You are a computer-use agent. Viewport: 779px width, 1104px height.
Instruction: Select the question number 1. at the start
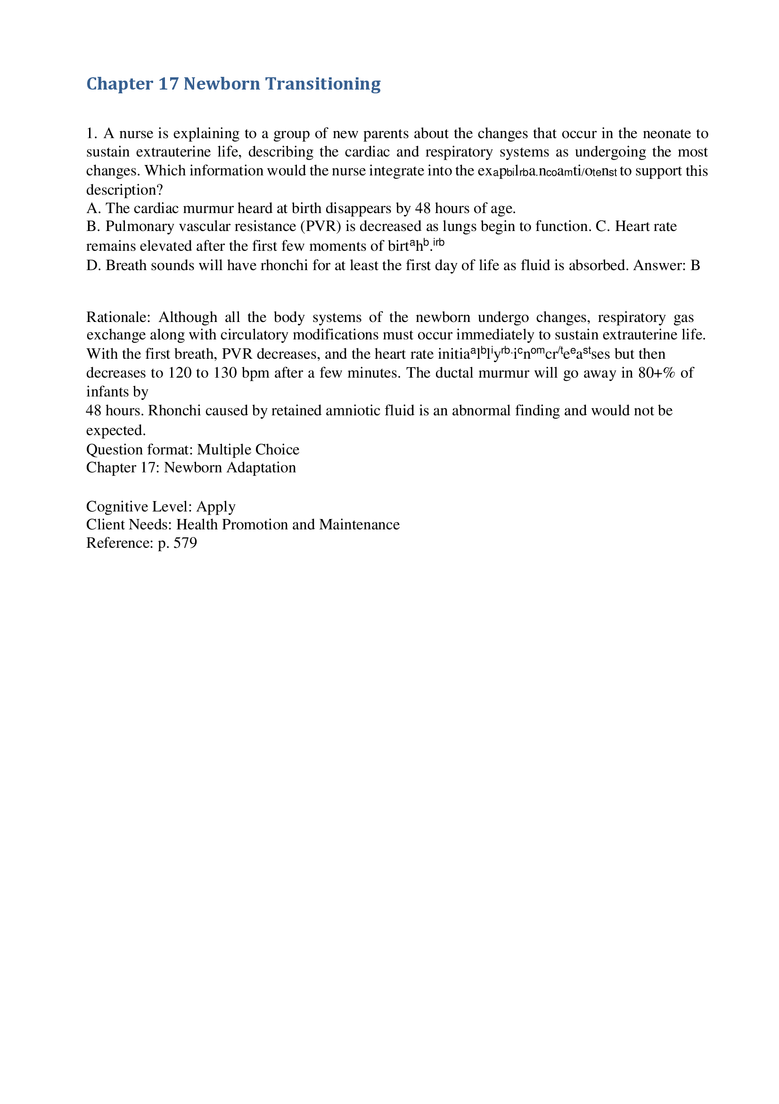92,133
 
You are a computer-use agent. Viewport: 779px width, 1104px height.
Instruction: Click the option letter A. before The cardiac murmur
93,208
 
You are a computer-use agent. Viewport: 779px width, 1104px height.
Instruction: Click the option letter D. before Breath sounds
93,265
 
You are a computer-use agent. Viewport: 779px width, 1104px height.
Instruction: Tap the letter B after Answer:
695,265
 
